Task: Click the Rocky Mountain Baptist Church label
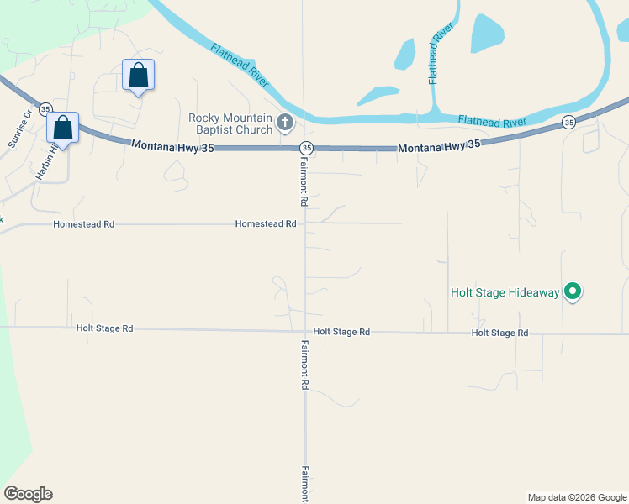[x=230, y=123]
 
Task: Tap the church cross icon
[x=285, y=124]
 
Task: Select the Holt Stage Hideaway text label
[x=505, y=292]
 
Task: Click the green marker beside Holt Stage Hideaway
[x=573, y=291]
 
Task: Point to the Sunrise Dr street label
[x=20, y=129]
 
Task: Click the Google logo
[x=28, y=494]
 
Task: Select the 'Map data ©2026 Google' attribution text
[x=577, y=497]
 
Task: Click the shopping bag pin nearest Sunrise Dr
[x=62, y=128]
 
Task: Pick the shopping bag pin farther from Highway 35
[x=138, y=76]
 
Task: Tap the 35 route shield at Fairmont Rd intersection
[x=306, y=148]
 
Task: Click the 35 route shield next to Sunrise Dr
[x=45, y=108]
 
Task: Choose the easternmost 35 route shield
[x=569, y=123]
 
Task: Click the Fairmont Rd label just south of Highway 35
[x=304, y=181]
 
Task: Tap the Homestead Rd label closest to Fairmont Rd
[x=266, y=224]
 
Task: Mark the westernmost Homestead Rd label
[x=83, y=225]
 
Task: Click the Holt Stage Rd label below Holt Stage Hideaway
[x=499, y=333]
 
